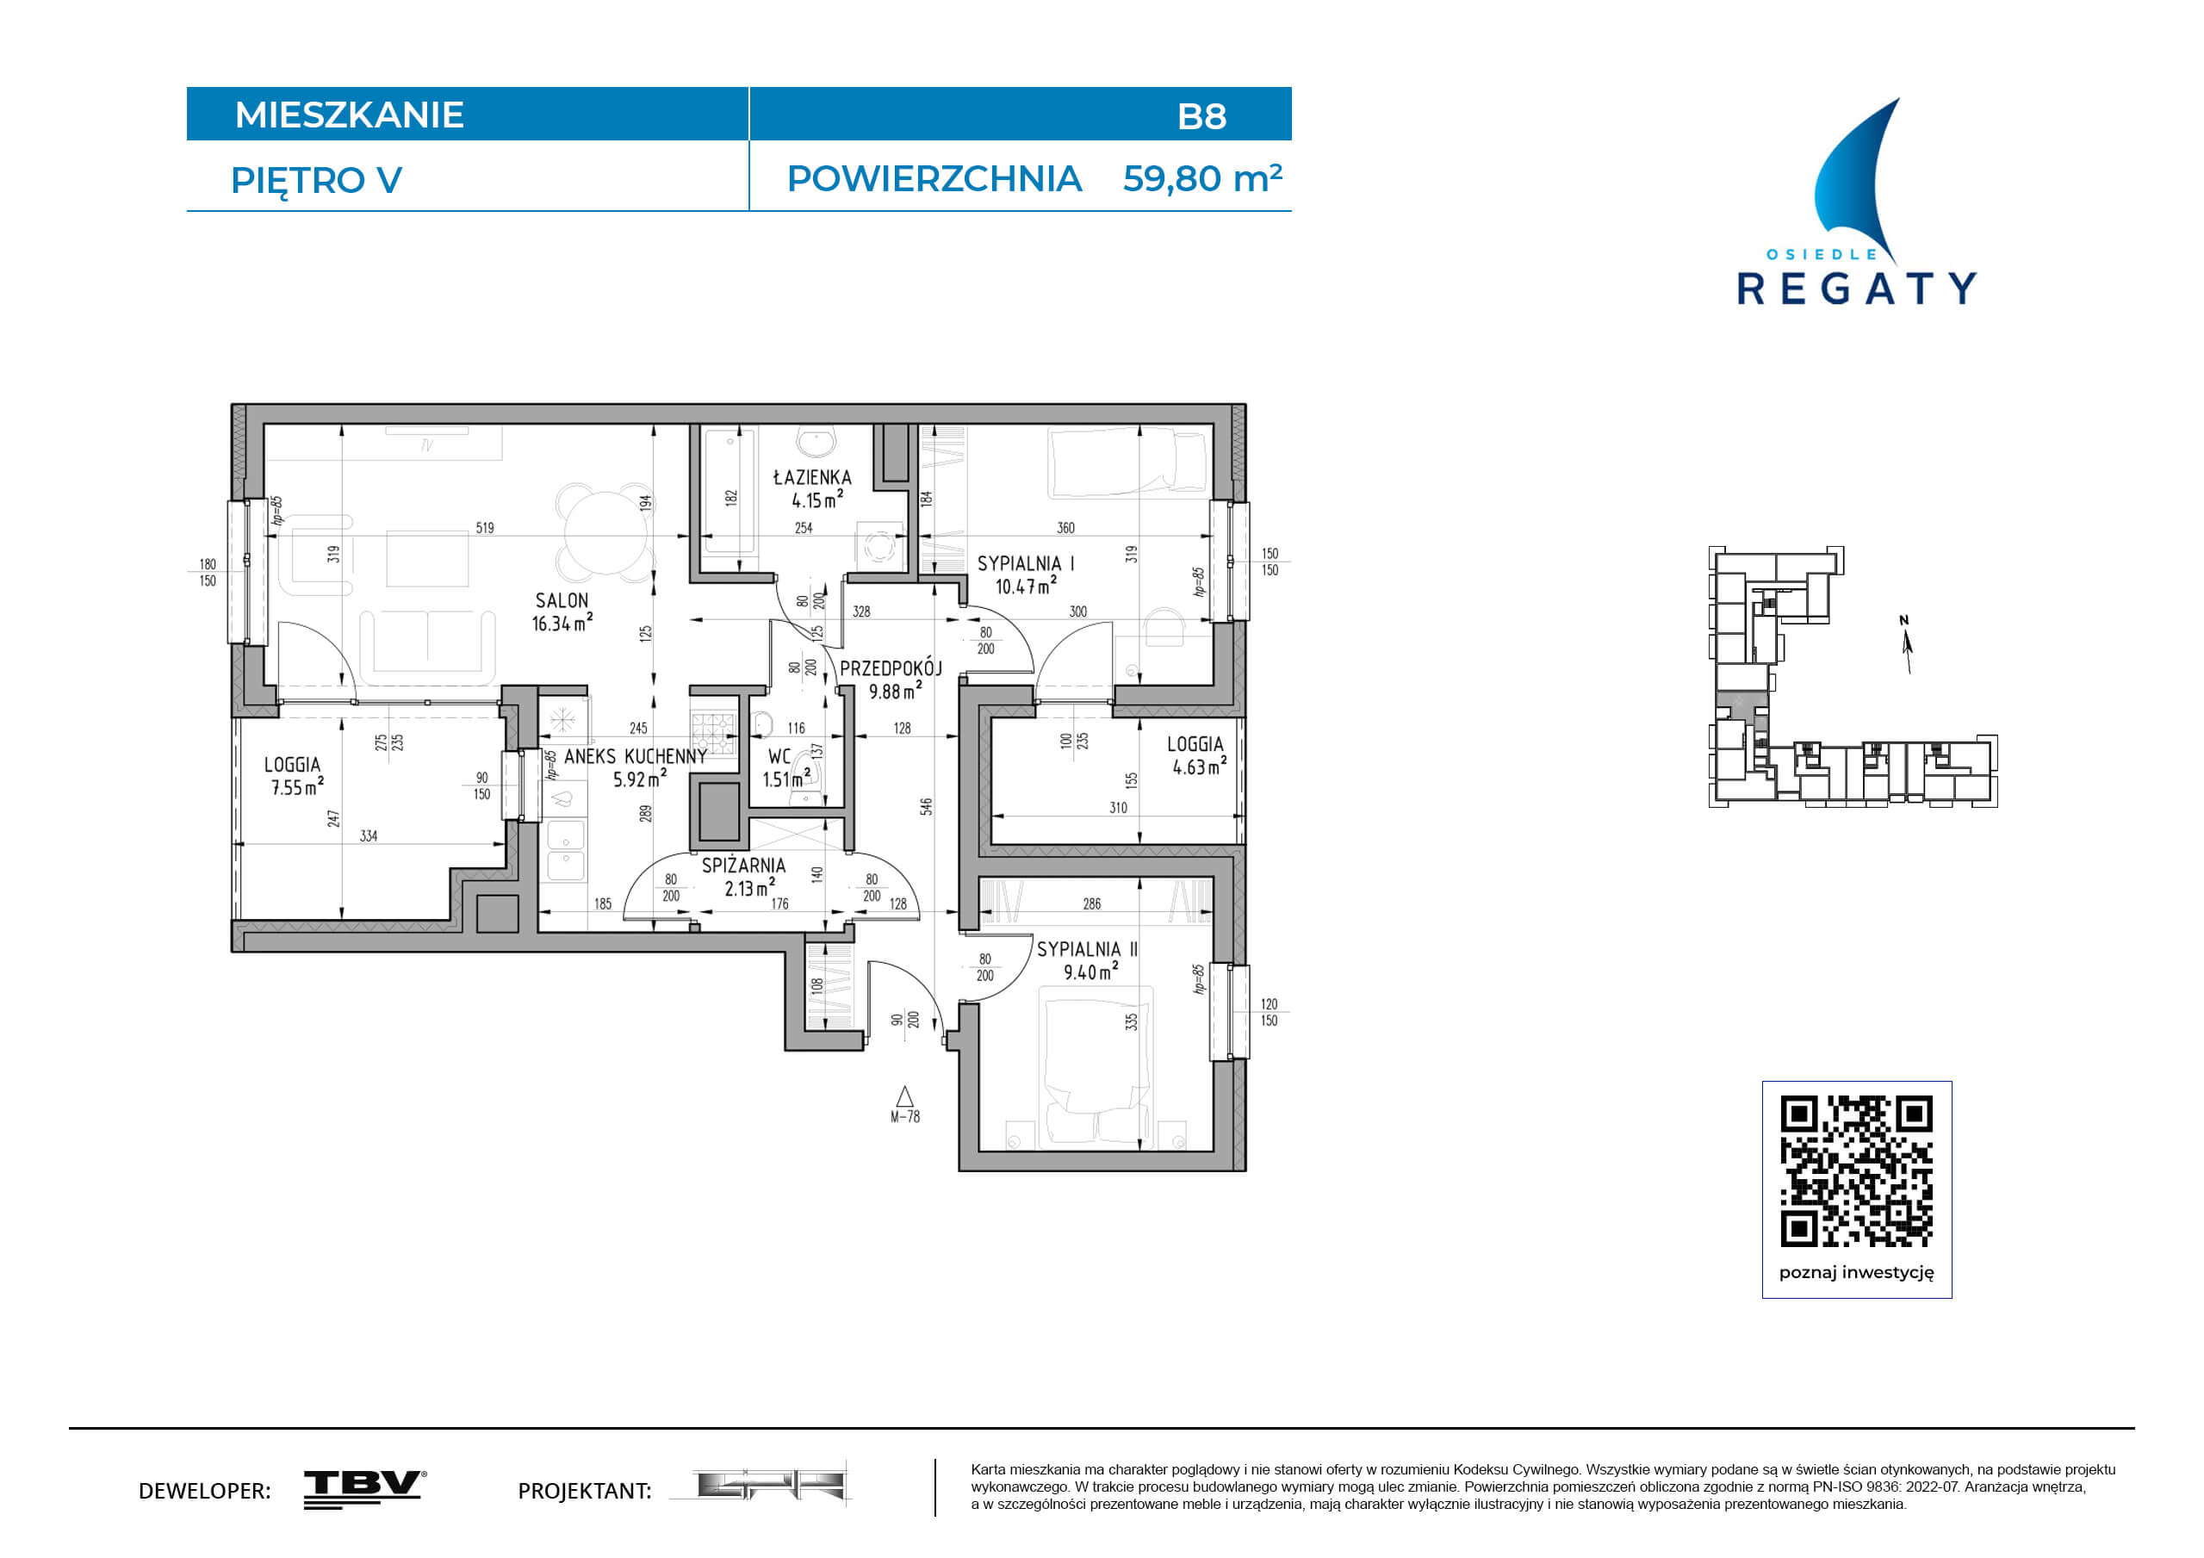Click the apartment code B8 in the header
coord(1201,116)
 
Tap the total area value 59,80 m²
coord(1201,178)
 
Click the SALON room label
coord(562,601)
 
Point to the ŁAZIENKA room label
coord(812,477)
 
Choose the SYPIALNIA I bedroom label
coord(1025,563)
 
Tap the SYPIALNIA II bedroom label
coord(1087,949)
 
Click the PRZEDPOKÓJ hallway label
coord(891,668)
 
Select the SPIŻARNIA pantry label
coord(743,866)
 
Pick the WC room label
coord(779,757)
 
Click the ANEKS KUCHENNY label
coord(636,756)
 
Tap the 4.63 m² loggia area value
coord(1199,766)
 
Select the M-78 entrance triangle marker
coord(904,1096)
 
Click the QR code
coord(1857,1171)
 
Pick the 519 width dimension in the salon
coord(485,528)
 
